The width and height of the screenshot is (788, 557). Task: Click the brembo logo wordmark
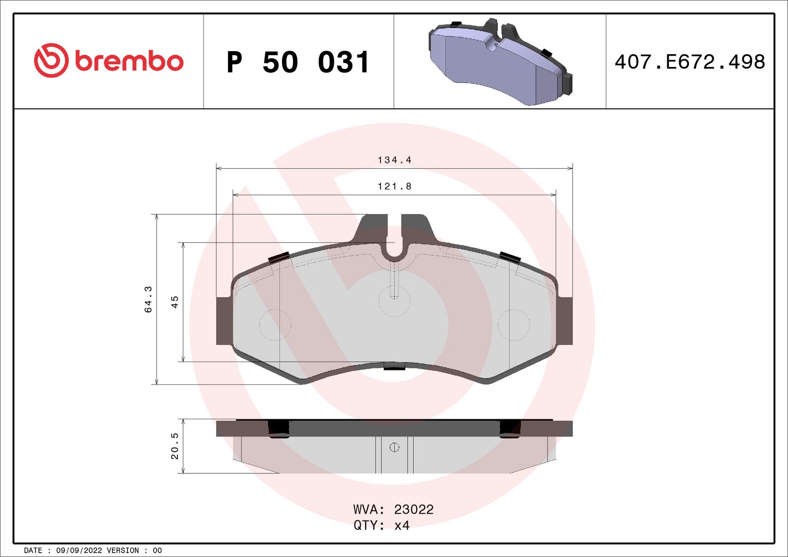coord(129,61)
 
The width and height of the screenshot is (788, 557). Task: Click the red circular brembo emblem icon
coord(51,60)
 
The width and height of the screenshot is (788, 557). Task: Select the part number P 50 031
coord(298,62)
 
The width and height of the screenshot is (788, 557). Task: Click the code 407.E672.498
coord(689,62)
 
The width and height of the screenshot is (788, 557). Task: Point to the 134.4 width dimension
coord(394,160)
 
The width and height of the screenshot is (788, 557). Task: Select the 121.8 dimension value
coord(394,186)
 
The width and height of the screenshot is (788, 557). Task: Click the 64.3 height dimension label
coord(148,299)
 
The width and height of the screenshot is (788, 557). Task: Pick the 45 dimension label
coord(174,302)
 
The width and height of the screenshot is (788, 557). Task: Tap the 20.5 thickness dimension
coord(174,446)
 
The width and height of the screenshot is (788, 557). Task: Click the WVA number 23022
coord(414,509)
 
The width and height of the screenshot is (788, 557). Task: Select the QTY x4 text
coord(382,526)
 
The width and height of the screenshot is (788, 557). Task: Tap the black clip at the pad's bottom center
coord(394,366)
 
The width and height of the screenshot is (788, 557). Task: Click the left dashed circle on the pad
coord(275,325)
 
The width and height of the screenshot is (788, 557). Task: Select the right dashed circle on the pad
coord(513,325)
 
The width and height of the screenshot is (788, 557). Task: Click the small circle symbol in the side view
coord(394,447)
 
